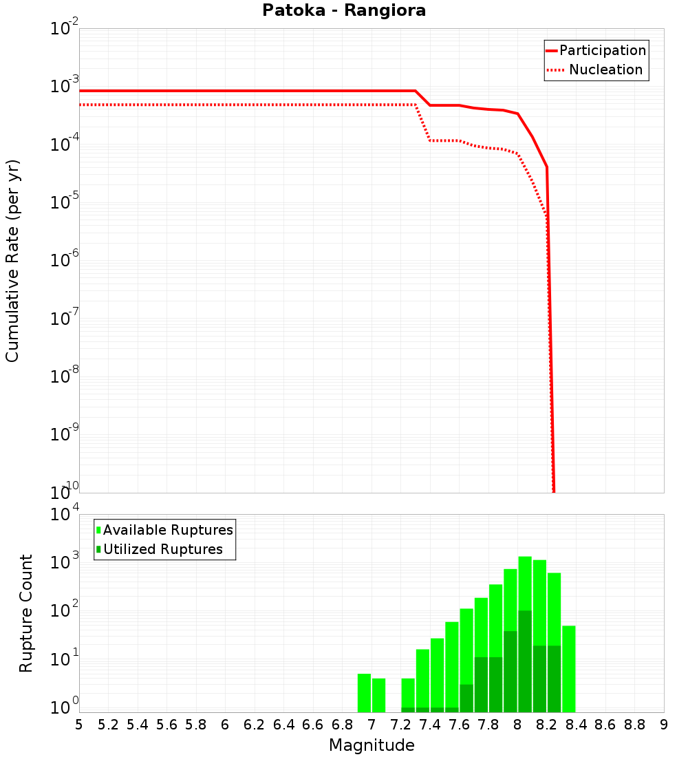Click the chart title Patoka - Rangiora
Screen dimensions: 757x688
[344, 11]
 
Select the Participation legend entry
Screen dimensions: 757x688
[602, 50]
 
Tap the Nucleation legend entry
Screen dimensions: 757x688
[605, 70]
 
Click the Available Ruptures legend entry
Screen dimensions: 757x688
[168, 530]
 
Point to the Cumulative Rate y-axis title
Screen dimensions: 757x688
[13, 260]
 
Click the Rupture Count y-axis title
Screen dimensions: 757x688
[26, 613]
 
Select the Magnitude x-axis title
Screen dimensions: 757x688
[372, 745]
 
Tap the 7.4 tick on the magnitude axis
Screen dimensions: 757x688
[430, 725]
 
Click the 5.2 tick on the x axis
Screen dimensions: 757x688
[108, 725]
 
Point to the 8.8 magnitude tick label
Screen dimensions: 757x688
[634, 725]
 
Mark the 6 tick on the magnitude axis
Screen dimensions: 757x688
[225, 725]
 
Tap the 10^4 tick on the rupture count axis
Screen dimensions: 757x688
[65, 515]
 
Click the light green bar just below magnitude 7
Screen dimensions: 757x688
[364, 693]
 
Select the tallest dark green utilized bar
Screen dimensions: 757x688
[525, 661]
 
